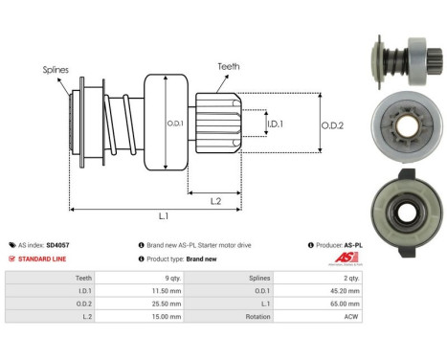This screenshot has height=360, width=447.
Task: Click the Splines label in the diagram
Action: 56,70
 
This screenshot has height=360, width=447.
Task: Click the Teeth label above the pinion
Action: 229,66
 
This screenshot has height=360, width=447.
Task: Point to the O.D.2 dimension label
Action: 332,125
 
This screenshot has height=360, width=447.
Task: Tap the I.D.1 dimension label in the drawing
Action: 275,124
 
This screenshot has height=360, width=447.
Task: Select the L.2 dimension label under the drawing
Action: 215,201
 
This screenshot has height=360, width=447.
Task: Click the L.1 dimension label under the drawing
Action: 164,216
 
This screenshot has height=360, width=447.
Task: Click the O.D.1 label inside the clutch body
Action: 175,124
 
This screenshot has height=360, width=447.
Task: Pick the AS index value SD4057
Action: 57,245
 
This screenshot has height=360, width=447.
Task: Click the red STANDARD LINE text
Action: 42,259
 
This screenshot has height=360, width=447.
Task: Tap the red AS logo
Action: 346,258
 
